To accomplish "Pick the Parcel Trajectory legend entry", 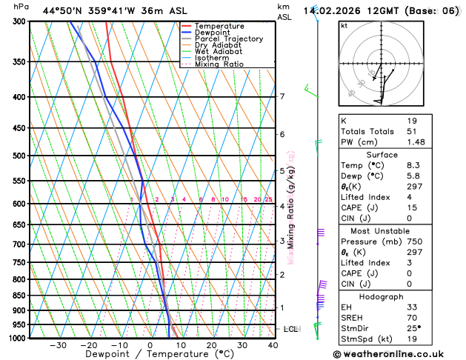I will pos(228,39).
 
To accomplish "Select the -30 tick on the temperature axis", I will pos(58,345).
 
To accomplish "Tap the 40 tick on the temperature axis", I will pos(273,345).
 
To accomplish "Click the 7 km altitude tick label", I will pos(282,97).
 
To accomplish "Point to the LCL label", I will pos(290,329).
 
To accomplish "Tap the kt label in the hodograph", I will pos(344,25).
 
